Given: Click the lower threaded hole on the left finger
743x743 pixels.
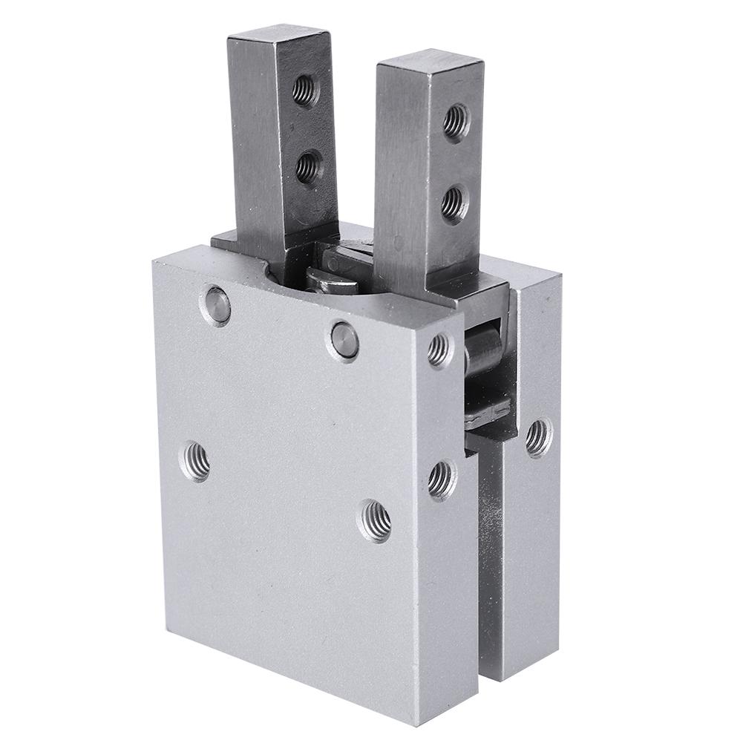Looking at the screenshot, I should click(x=308, y=167).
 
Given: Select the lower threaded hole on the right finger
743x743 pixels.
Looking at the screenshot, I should click(x=454, y=201).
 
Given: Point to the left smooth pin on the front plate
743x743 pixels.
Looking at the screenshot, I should click(x=215, y=305).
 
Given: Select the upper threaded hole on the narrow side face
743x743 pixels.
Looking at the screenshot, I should click(x=439, y=350).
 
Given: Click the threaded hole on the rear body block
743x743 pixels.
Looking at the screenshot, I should click(x=538, y=437).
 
